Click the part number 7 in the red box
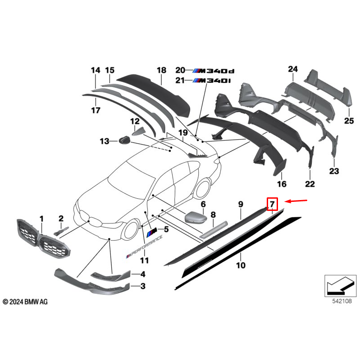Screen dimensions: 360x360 pos(272,205)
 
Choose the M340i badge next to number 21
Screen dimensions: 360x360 pos(211,81)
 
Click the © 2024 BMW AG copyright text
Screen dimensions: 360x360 pos(25,301)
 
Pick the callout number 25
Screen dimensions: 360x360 pos(350,121)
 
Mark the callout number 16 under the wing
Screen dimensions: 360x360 pos(282,184)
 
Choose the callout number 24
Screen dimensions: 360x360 pos(293,69)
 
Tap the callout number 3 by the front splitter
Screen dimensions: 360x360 pos(143,286)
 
